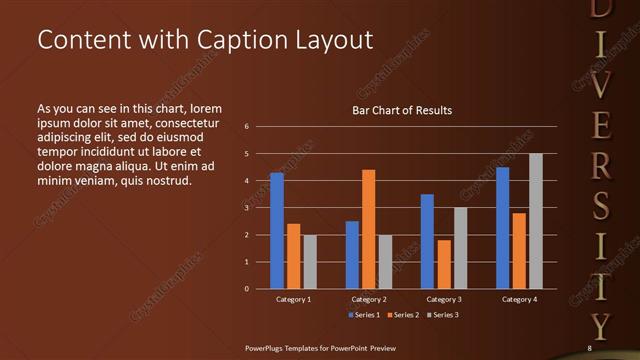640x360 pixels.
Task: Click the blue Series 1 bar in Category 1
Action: click(277, 231)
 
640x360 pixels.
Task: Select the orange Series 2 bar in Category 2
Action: click(369, 229)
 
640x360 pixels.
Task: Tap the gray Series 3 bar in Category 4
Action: click(536, 221)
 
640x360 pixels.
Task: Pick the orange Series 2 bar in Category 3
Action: click(444, 264)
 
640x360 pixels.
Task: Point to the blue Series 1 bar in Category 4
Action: click(502, 228)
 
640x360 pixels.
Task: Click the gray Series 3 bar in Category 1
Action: click(310, 262)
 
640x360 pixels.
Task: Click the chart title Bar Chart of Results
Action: click(402, 110)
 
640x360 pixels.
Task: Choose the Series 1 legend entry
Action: click(364, 315)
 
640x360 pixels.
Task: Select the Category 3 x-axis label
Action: click(444, 299)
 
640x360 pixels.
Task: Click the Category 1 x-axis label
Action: click(293, 299)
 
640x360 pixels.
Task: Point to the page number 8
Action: click(589, 348)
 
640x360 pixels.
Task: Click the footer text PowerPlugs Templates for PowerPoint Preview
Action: click(322, 348)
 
